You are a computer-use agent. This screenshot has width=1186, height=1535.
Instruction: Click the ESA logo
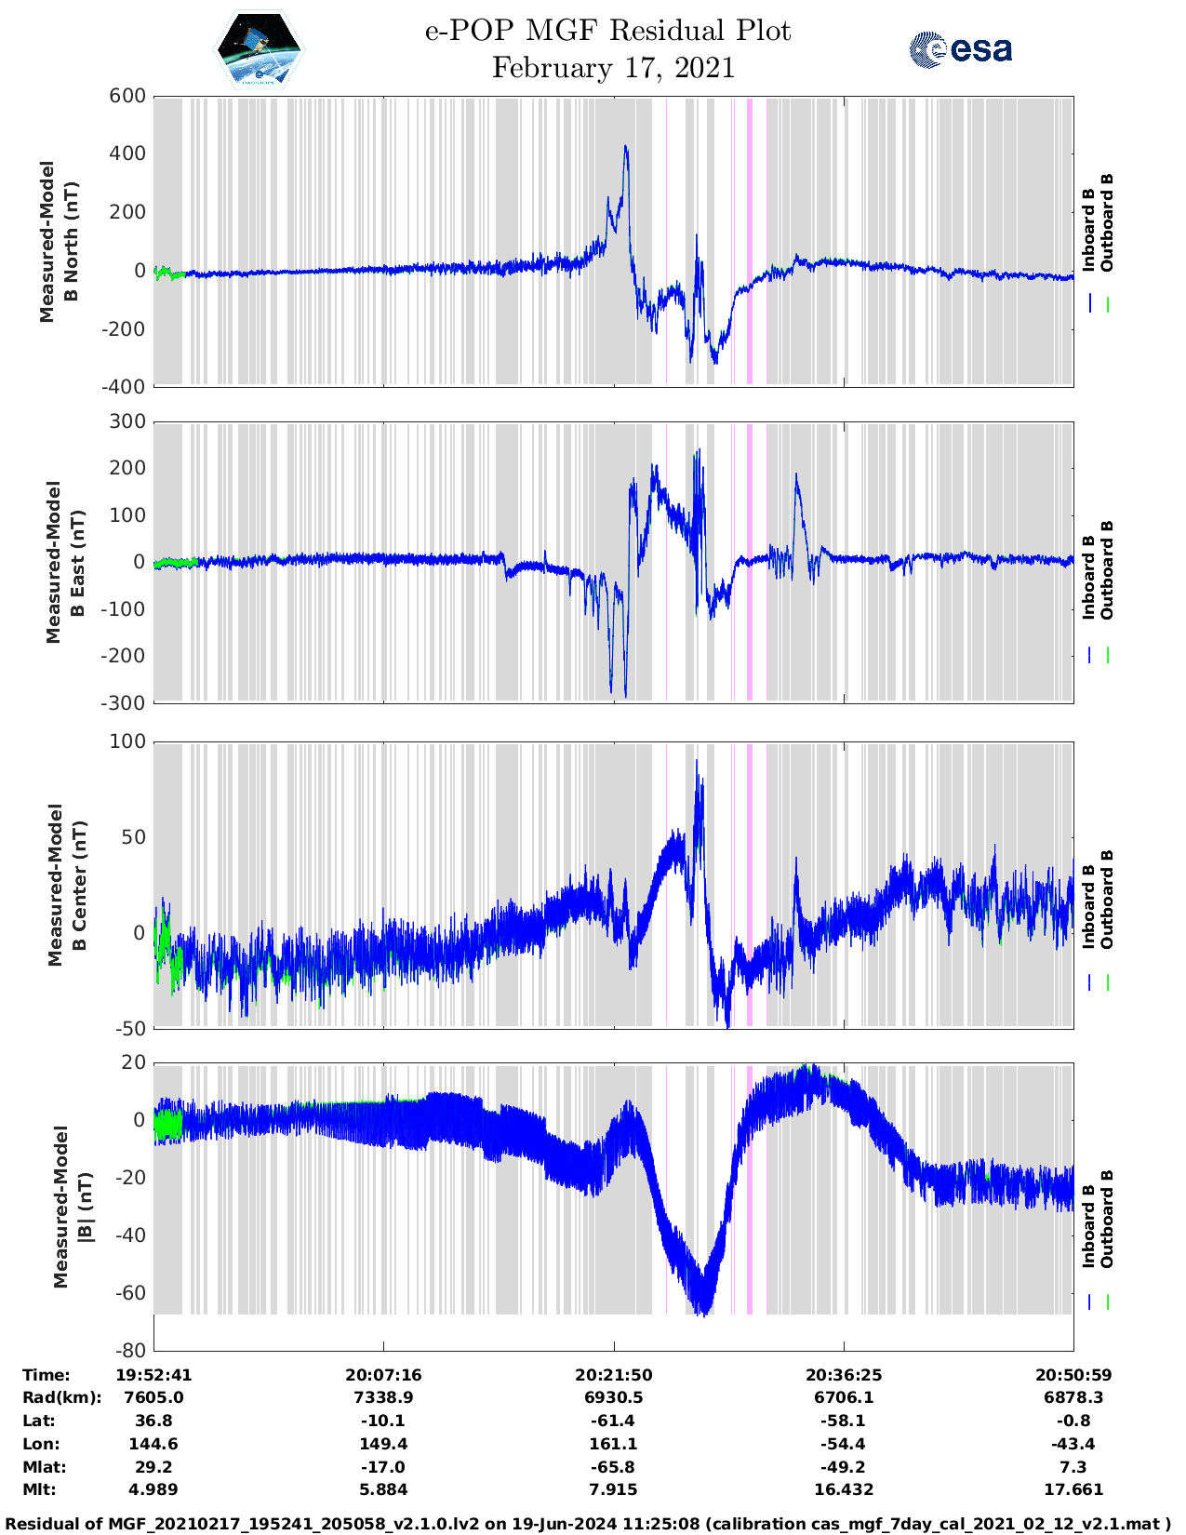pos(961,49)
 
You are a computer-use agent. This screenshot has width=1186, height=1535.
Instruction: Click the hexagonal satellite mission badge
pos(259,48)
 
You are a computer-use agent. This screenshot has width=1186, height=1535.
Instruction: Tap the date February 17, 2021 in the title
pos(613,68)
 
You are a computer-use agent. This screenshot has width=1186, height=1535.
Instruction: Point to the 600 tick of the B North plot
pos(127,96)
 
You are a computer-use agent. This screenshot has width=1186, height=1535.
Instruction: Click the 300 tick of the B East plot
pos(127,421)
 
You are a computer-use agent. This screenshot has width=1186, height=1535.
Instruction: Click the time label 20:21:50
pos(613,1375)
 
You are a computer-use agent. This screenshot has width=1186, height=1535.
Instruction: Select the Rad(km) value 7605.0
pos(153,1397)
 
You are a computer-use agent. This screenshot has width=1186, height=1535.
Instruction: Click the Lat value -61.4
pos(613,1421)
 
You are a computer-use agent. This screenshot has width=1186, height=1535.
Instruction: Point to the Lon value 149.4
pos(383,1444)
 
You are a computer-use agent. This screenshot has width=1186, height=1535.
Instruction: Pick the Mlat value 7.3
pos(1073,1467)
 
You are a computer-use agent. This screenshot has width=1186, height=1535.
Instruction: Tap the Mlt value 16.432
pos(844,1489)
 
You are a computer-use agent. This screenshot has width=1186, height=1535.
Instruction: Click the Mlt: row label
pos(40,1489)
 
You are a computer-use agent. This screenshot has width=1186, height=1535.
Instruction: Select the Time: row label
pos(47,1375)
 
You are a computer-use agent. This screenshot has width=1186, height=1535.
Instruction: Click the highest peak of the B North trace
pos(625,147)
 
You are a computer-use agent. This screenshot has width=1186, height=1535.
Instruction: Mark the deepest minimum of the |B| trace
pos(704,1314)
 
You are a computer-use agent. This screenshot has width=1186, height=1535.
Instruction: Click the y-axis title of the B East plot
pos(63,562)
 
